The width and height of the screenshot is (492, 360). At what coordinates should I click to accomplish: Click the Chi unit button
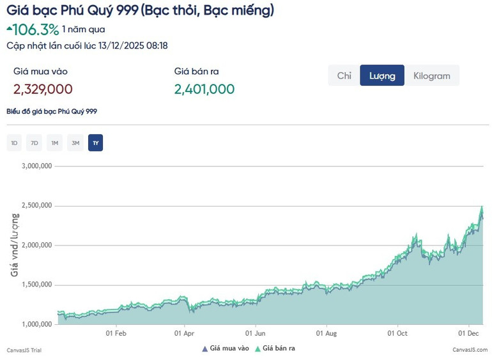[344, 75]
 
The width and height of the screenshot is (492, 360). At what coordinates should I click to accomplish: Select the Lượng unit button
[382, 75]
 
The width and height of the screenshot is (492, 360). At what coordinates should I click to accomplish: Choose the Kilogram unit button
[432, 75]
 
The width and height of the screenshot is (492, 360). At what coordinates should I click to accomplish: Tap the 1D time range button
[14, 143]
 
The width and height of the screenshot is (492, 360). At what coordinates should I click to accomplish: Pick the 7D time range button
[35, 143]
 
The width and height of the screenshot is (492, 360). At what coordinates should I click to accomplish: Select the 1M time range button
[55, 143]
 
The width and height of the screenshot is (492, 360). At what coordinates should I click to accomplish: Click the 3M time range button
[75, 143]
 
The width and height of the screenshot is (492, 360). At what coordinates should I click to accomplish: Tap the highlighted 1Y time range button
[96, 143]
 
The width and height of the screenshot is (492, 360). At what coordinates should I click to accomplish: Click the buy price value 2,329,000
[43, 89]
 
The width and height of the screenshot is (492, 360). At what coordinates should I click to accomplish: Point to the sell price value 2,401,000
[204, 89]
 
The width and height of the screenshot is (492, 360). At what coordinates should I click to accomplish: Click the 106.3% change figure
[36, 29]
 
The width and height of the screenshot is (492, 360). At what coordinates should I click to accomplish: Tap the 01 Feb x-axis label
[116, 333]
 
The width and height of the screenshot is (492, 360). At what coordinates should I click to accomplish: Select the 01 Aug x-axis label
[326, 333]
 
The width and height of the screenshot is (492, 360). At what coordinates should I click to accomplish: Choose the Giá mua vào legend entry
[226, 348]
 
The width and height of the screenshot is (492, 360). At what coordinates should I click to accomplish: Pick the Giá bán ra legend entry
[275, 348]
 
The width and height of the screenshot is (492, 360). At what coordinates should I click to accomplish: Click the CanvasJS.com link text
[470, 350]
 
